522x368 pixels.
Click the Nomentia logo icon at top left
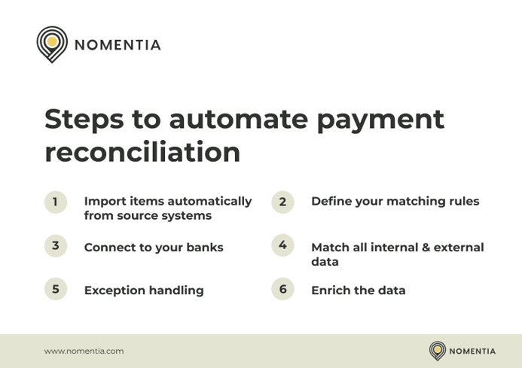coord(52,44)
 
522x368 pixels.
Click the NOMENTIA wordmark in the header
coord(118,45)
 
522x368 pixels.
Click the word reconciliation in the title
coord(142,152)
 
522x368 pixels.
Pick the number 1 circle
coord(55,202)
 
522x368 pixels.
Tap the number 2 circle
coord(282,202)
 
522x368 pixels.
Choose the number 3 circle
coord(55,245)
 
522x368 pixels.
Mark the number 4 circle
coord(282,245)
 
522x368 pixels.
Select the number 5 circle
coord(55,289)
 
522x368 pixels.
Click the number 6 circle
coord(282,289)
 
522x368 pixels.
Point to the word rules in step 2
coord(461,202)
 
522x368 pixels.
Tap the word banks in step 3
coord(203,248)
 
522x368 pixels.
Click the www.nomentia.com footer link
coord(84,351)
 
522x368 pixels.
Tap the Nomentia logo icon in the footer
coord(438,351)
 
